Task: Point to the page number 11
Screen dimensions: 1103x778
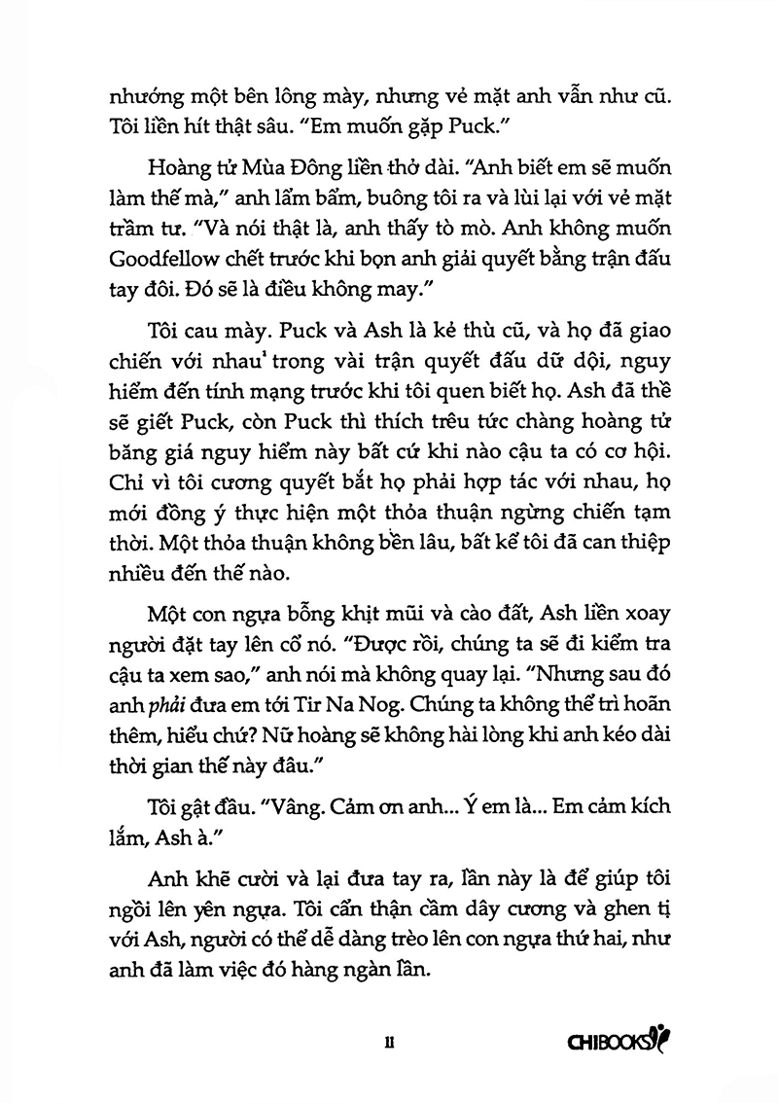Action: [x=389, y=1042]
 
